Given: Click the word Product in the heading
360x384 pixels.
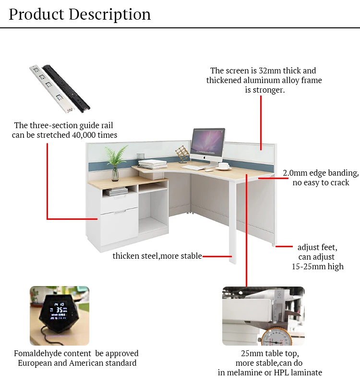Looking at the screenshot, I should [x=36, y=14].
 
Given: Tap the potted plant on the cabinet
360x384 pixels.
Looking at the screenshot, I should [x=115, y=161].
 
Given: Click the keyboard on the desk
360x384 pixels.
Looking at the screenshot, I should [x=192, y=168].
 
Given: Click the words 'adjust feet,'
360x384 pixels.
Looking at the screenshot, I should [x=317, y=248].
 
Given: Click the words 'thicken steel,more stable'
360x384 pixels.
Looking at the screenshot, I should [x=157, y=256].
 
